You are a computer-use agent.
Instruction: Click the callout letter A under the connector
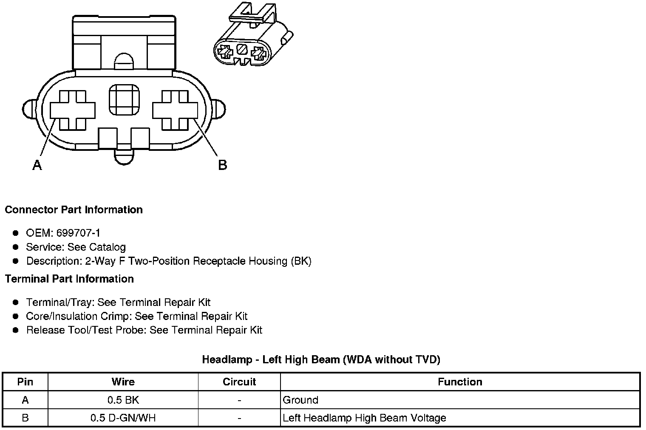click(37, 165)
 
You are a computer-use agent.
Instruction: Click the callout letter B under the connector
click(222, 165)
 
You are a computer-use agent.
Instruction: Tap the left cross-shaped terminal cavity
click(73, 110)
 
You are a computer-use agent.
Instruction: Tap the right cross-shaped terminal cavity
click(175, 110)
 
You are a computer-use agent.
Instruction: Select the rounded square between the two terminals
click(124, 100)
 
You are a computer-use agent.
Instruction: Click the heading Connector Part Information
click(74, 210)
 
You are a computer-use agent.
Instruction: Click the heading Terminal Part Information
click(69, 279)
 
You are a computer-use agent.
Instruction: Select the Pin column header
click(25, 382)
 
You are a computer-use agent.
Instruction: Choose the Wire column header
click(123, 382)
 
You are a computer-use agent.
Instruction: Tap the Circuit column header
click(239, 382)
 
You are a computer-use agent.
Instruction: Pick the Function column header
click(460, 382)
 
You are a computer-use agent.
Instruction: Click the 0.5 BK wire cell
click(123, 400)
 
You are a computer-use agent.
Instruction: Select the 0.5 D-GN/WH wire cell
click(123, 418)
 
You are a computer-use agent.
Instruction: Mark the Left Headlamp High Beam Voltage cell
click(364, 418)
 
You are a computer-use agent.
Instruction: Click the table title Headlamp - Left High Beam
click(321, 360)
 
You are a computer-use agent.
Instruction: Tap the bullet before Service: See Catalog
click(16, 247)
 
